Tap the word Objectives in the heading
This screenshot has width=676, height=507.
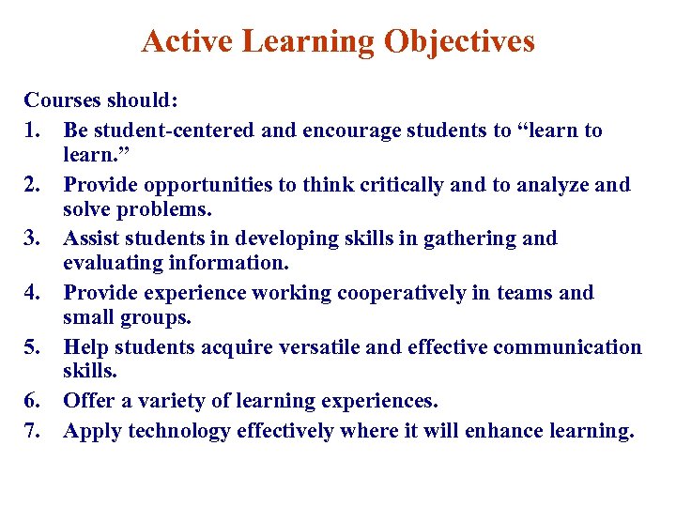[x=461, y=42]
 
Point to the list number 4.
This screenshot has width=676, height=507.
[x=33, y=293]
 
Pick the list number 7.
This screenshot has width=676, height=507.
[x=33, y=431]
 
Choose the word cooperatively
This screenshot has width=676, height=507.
[x=379, y=293]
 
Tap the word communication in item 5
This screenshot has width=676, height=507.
[x=567, y=347]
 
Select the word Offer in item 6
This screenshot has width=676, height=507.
[x=88, y=401]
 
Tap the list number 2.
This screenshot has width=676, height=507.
[x=33, y=185]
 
